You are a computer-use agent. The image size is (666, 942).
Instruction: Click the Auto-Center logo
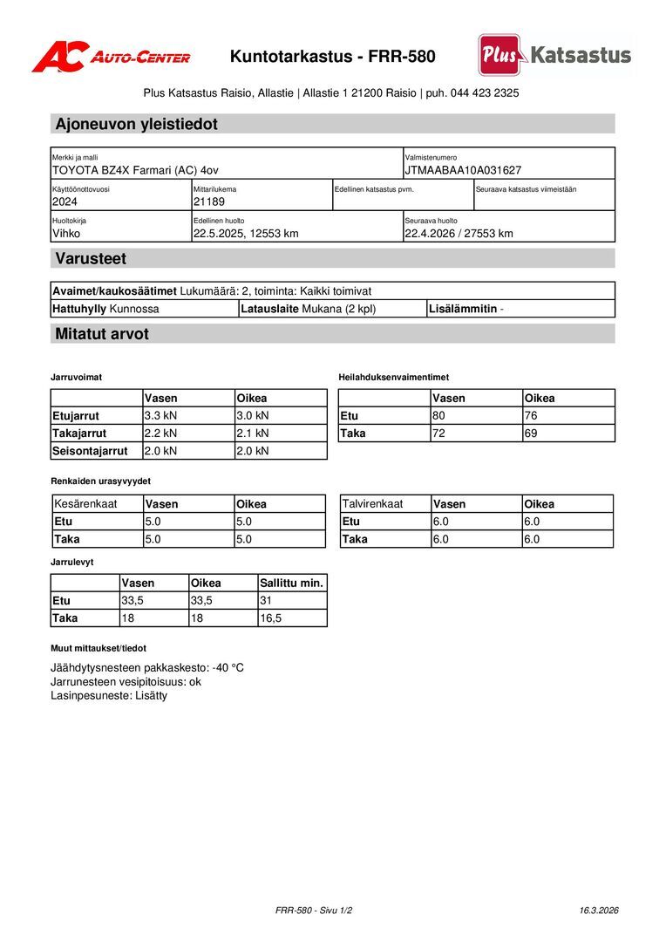(111, 57)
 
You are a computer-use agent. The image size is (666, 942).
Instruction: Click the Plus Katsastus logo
(554, 55)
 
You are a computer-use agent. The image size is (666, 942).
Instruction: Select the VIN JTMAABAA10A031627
(463, 170)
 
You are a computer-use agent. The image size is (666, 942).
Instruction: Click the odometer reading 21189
(209, 201)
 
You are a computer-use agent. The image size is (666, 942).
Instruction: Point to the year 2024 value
(65, 201)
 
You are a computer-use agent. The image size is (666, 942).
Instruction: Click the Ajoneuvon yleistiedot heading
(137, 124)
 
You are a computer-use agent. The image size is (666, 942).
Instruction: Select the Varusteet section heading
(91, 259)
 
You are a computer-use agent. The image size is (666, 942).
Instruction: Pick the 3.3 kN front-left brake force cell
(160, 415)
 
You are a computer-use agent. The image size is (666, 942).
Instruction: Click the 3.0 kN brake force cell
(253, 415)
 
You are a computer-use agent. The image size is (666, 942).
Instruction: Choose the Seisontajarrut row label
(90, 451)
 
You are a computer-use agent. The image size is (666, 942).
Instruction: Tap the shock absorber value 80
(438, 415)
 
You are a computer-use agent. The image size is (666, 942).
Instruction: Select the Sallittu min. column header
(291, 583)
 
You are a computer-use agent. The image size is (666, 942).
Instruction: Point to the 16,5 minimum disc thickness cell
(271, 618)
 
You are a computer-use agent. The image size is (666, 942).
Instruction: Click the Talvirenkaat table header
(372, 503)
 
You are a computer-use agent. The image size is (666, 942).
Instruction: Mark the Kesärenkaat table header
(85, 503)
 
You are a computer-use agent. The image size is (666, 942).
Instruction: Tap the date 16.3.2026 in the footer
(599, 910)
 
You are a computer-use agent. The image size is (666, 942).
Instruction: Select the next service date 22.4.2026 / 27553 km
(459, 233)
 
